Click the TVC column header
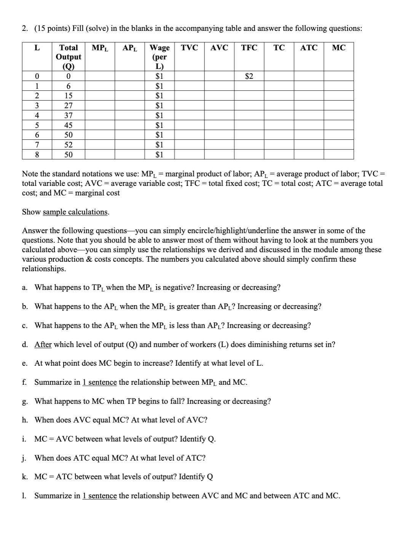coord(189,48)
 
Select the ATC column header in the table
coord(309,48)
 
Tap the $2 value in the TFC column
coord(249,76)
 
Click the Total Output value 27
coord(69,106)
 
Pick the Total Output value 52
coord(69,145)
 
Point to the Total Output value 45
coord(69,125)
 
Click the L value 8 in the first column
coord(37,155)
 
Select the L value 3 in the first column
coord(37,106)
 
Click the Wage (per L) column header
coord(160,57)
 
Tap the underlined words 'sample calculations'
coord(75,212)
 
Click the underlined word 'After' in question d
coord(43,344)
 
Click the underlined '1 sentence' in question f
coord(99,382)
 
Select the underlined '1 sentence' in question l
coord(99,496)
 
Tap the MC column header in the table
coord(338,48)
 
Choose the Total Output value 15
coord(69,96)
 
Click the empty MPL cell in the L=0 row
coord(100,76)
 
